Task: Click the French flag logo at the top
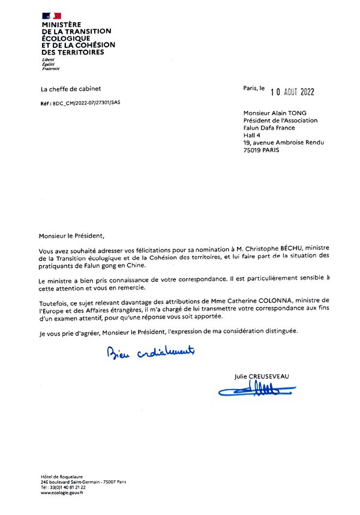click(52, 16)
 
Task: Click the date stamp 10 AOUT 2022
click(292, 92)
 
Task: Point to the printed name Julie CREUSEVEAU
click(262, 377)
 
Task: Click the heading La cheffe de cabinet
click(66, 89)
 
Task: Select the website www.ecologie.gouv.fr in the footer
click(62, 493)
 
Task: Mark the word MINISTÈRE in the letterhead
click(61, 25)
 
